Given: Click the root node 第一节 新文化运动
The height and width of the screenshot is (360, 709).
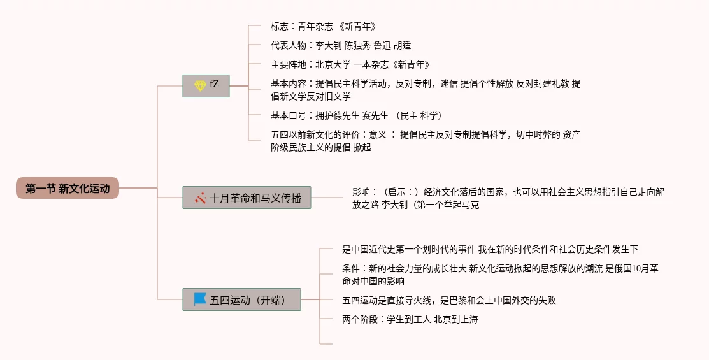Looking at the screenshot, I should (68, 188).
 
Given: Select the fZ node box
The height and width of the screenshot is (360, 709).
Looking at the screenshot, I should (206, 85).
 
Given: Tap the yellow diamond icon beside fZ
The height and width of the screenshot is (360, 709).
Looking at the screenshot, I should (200, 85).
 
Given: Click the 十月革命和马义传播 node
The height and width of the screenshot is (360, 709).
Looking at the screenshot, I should (247, 198).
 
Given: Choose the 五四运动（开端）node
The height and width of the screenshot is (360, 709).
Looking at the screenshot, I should (241, 299).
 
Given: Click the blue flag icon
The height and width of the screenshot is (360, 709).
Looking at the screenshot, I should (200, 299).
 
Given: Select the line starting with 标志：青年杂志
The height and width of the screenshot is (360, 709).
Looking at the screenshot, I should (324, 27).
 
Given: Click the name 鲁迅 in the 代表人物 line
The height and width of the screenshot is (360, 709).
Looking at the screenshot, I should (383, 46).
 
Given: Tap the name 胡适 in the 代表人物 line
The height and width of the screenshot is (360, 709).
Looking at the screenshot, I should (403, 46).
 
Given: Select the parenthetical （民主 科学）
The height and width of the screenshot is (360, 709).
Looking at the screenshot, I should (418, 116).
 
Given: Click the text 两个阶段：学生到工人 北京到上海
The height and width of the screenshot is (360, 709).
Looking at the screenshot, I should (410, 320).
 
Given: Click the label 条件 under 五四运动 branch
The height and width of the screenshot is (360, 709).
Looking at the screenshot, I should (351, 269).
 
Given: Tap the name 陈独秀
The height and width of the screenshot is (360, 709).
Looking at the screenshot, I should (358, 46).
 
